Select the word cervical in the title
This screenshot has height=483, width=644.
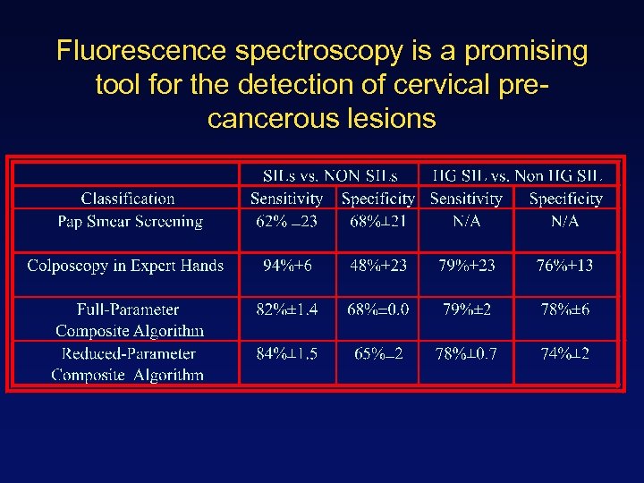445,85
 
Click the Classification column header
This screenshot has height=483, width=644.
128,199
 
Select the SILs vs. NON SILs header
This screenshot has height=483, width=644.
330,175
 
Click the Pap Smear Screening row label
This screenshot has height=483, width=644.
131,222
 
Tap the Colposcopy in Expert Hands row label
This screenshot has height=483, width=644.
125,266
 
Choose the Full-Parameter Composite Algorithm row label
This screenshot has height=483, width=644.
128,320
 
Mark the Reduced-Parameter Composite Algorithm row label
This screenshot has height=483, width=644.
128,364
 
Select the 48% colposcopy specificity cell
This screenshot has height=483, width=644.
377,266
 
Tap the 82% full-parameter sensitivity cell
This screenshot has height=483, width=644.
287,309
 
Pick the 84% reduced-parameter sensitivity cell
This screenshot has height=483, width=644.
287,353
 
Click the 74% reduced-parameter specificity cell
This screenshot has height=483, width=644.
565,353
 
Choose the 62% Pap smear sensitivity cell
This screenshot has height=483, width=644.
286,222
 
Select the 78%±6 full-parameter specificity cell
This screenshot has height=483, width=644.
565,309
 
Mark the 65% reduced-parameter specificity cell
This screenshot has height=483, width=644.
378,353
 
